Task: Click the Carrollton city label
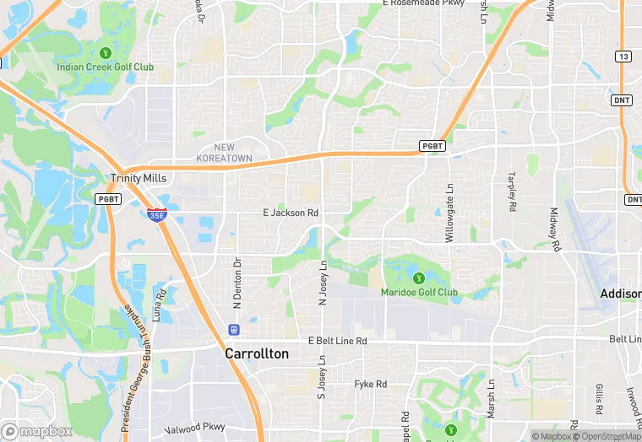256,354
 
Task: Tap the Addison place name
620,294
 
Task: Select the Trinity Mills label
139,178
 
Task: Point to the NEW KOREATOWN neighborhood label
224,153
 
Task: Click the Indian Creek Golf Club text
106,67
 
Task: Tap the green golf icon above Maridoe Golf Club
416,278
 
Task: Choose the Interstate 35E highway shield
156,216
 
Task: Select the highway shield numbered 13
623,57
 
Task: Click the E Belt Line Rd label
338,341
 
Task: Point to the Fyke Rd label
370,385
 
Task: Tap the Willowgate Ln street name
449,216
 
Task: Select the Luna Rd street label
158,305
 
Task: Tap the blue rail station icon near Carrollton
233,329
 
